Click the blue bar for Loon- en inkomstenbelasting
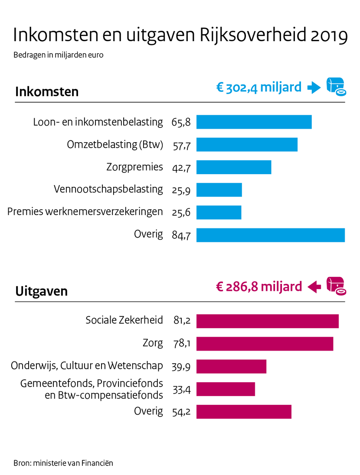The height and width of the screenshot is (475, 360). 254,122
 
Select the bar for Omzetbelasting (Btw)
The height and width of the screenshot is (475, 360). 247,145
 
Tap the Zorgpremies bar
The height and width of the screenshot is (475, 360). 233,167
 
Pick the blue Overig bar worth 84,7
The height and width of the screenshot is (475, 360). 270,235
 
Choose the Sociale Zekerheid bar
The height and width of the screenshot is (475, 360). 267,321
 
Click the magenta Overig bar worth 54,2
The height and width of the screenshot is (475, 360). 244,412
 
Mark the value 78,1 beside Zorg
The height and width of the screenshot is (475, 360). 181,344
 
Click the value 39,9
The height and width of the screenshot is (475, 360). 181,367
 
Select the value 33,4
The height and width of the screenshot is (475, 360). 181,390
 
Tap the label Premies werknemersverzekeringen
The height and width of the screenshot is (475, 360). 85,212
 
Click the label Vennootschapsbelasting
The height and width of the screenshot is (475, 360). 108,189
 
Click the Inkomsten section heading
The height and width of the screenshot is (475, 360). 47,92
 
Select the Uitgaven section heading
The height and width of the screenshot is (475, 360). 42,291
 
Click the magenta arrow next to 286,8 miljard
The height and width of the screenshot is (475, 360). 314,286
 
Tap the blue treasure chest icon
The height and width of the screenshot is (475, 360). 335,87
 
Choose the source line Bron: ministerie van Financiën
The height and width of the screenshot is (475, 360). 63,463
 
